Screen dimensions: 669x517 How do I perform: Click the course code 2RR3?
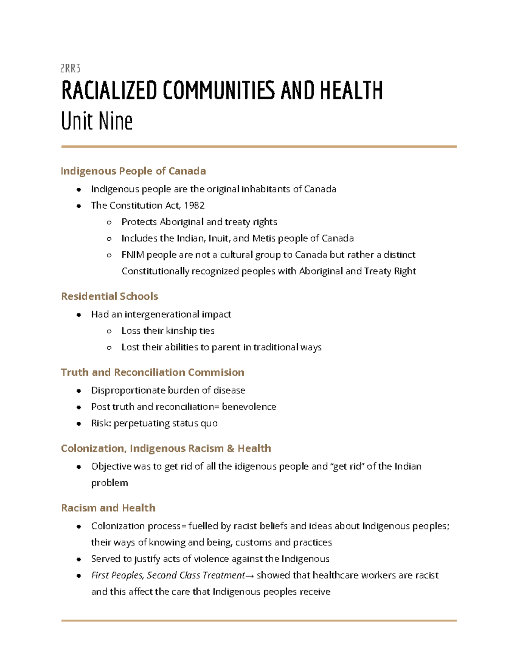pos(70,68)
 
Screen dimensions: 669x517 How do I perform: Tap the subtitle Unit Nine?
pos(97,121)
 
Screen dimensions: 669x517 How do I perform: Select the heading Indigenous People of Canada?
pos(133,171)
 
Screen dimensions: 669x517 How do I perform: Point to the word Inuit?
pos(219,238)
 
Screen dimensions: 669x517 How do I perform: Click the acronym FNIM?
pos(133,255)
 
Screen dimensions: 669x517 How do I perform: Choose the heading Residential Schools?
pos(109,296)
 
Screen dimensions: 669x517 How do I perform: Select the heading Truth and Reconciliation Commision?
pos(153,372)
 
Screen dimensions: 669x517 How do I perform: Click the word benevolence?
pos(249,407)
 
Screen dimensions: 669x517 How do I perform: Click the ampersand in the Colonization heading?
pos(230,448)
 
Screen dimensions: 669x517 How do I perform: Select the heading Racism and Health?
pos(108,508)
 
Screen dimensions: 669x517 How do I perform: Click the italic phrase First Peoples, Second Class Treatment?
pos(168,576)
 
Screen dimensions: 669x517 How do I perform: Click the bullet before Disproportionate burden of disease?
pos(79,391)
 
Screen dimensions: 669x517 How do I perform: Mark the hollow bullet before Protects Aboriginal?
pos(109,222)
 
